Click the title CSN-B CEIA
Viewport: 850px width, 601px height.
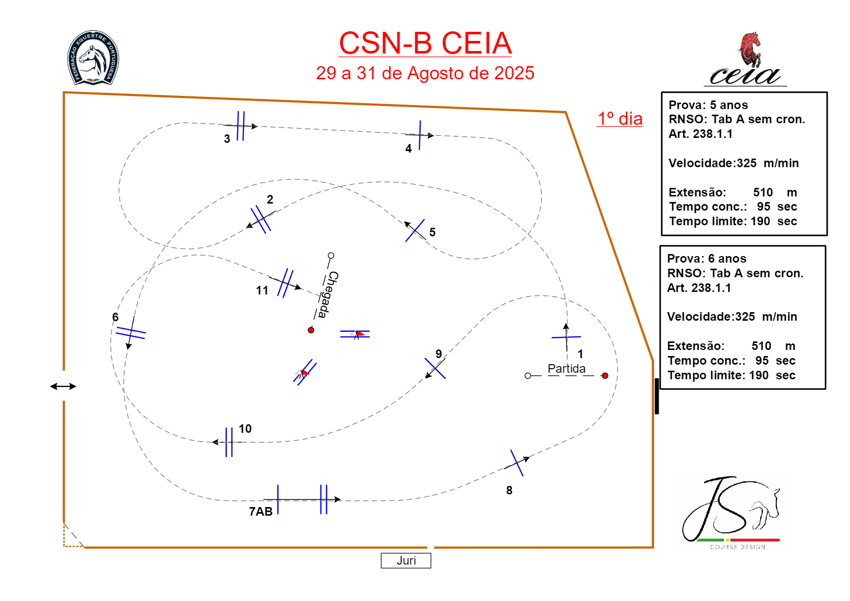click(x=425, y=43)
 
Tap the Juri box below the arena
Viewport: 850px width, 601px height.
click(x=406, y=561)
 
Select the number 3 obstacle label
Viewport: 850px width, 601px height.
click(x=227, y=139)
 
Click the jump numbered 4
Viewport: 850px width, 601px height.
click(x=420, y=135)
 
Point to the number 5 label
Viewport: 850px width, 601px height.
click(x=432, y=232)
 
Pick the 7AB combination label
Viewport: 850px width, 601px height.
click(x=261, y=512)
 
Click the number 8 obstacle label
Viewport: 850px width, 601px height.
click(x=509, y=490)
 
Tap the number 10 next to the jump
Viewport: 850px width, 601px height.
click(x=245, y=429)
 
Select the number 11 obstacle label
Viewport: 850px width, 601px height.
click(x=262, y=290)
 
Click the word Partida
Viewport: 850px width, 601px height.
click(x=567, y=369)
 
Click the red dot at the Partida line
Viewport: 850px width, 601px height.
click(x=605, y=376)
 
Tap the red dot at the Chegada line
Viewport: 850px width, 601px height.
click(x=311, y=330)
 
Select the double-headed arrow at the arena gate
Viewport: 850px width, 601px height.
click(x=63, y=386)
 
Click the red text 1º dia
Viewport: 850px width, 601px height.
click(x=620, y=119)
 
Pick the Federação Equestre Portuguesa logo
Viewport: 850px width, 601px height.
click(x=93, y=58)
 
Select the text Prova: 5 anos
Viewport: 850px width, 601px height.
click(x=708, y=105)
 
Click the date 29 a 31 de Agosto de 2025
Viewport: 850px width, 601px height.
click(x=425, y=73)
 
